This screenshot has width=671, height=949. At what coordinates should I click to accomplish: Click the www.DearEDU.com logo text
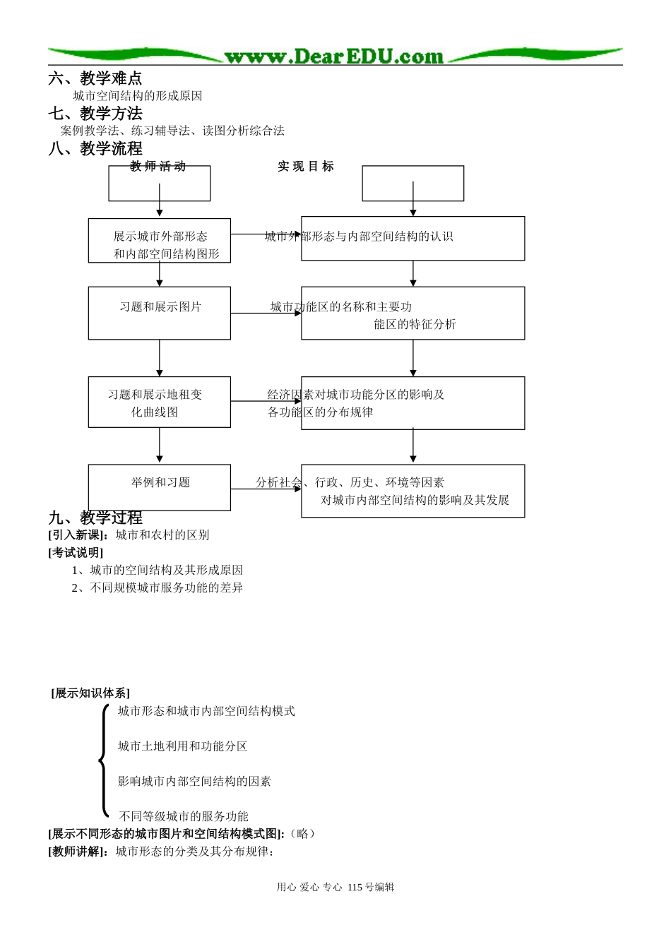click(333, 56)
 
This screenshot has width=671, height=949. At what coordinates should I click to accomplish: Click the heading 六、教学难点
click(95, 78)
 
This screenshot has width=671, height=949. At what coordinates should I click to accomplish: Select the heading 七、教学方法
click(95, 114)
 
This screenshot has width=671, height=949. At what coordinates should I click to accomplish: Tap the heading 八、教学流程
click(95, 149)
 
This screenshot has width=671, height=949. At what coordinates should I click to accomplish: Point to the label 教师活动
click(158, 167)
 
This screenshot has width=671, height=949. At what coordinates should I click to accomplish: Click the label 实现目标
click(305, 167)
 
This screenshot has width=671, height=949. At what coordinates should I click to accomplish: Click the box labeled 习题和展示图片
click(160, 313)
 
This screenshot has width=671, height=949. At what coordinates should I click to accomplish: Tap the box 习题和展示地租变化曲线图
click(160, 402)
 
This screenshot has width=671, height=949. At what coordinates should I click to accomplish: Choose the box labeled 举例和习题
click(160, 487)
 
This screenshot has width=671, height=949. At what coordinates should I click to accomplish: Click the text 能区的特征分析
click(415, 325)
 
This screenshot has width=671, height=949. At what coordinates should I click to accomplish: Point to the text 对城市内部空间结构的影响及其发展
click(415, 501)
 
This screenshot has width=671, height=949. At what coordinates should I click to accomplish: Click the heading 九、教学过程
click(95, 518)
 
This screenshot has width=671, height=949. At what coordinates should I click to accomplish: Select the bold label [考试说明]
click(76, 553)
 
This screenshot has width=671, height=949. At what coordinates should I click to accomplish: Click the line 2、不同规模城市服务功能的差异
click(157, 588)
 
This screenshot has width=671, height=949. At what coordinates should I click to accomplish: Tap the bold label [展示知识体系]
click(90, 693)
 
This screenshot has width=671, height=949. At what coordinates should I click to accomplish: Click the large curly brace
click(104, 761)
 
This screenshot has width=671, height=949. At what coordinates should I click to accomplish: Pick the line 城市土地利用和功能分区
click(182, 746)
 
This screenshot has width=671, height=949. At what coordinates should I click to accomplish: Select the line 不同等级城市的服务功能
click(184, 816)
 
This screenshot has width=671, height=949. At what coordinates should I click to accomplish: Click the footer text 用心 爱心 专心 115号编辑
click(335, 888)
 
